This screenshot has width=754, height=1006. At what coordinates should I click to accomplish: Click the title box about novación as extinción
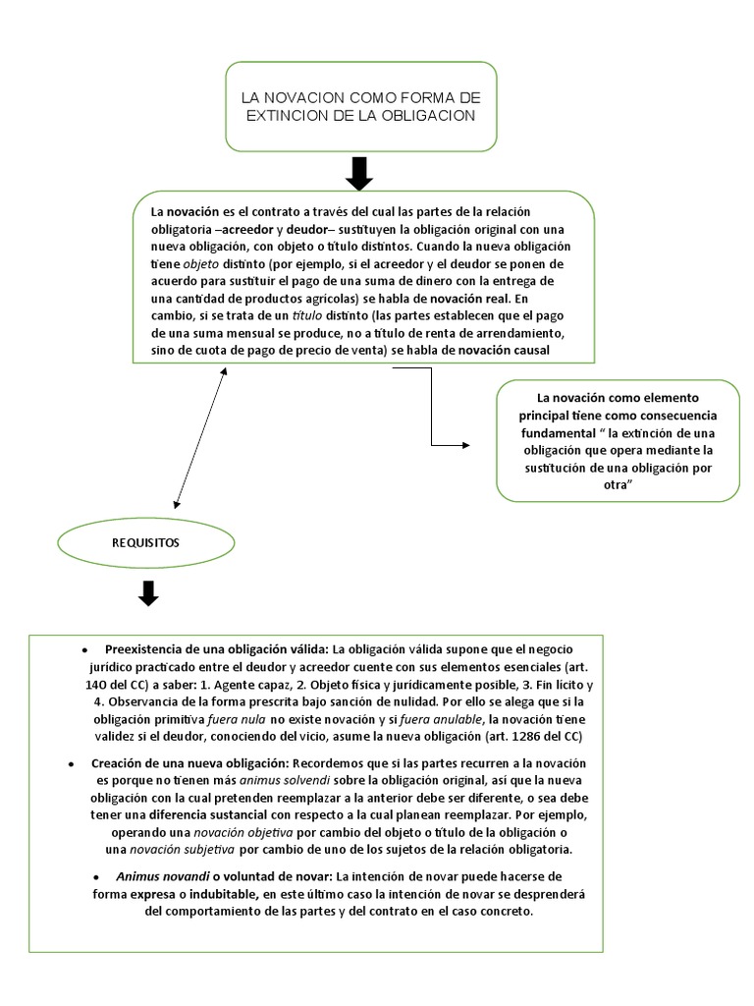tap(360, 106)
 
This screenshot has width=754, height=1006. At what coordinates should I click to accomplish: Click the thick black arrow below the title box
tap(360, 173)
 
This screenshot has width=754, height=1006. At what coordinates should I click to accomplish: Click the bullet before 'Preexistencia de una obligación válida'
tap(85, 651)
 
